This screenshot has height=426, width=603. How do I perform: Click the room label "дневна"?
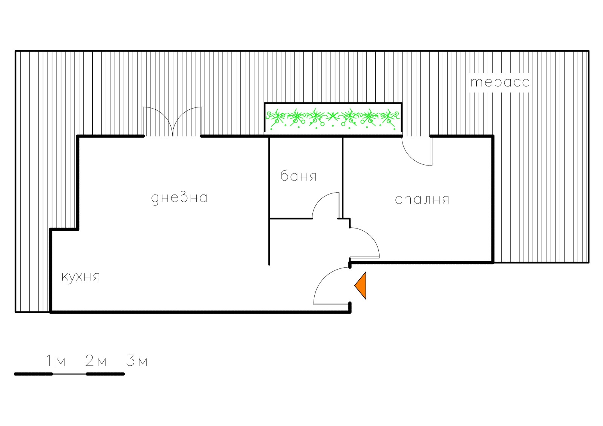[x=179, y=198]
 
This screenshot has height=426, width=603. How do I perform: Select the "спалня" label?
[x=422, y=199]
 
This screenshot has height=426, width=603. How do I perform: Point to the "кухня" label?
[x=81, y=277]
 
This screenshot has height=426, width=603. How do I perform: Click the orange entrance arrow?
[x=360, y=285]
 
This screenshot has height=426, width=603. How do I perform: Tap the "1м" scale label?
[x=56, y=360]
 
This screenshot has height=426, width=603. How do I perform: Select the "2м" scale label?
[x=96, y=360]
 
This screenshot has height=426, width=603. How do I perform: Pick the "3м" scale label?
[x=137, y=360]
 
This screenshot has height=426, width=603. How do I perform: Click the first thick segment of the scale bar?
[x=34, y=374]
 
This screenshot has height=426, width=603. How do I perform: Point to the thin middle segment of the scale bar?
[x=69, y=374]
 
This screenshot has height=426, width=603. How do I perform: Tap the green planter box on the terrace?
[x=333, y=119]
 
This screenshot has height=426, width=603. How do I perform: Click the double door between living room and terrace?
[x=173, y=121]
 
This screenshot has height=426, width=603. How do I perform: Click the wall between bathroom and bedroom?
[x=343, y=178]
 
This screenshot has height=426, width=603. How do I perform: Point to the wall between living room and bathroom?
[x=269, y=201]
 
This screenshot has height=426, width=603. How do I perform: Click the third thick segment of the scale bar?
[x=105, y=374]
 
